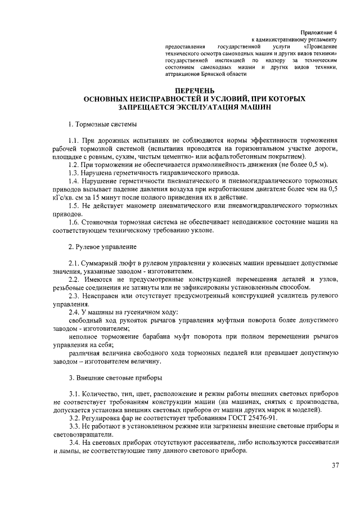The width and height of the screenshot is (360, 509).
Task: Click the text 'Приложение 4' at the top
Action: [318, 33]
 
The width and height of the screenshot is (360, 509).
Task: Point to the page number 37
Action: [335, 465]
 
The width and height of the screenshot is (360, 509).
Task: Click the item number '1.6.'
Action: [75, 222]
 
